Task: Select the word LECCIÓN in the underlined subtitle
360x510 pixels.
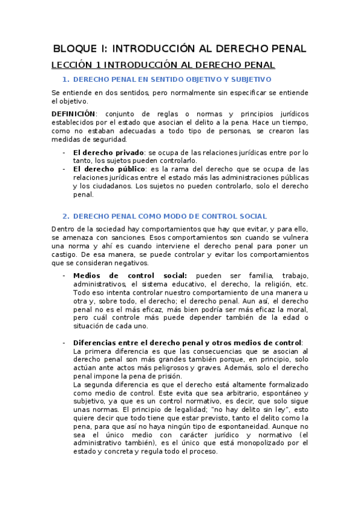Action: [x=70, y=65]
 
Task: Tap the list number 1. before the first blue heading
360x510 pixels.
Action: [x=66, y=79]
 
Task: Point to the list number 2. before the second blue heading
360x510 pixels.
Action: [x=66, y=217]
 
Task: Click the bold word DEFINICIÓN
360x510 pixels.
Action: [x=73, y=114]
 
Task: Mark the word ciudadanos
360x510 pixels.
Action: [x=110, y=186]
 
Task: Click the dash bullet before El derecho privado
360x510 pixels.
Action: [x=64, y=152]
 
